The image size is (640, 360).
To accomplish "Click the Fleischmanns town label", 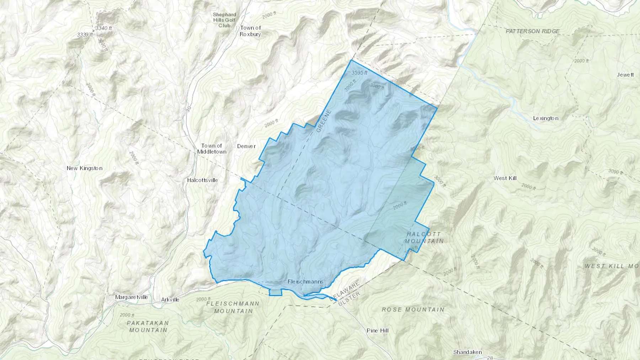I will point(305,282).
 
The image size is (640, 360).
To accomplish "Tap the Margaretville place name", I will point(131,297).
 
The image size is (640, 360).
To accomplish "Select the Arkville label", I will point(170,300).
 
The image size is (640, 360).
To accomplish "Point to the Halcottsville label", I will point(202,180).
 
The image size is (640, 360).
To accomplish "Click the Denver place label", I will point(246,146).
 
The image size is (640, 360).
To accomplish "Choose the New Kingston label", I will point(84,168).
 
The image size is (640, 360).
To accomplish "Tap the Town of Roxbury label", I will point(250,31).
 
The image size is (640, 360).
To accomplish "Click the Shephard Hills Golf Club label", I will point(224,20).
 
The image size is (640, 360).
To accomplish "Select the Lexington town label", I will point(545,118).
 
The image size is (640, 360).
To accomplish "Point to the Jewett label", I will point(625,75).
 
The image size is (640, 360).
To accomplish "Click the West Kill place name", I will point(505,178).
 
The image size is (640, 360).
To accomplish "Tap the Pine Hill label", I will point(377,331).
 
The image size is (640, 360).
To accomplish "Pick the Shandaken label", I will point(467,352).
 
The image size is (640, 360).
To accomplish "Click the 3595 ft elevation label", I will point(359,73).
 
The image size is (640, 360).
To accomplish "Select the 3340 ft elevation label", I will point(104,28).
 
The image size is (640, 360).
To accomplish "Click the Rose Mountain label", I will point(413,310).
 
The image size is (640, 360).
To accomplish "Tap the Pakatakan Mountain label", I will point(148,326).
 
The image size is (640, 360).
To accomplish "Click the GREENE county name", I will point(324,121).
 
